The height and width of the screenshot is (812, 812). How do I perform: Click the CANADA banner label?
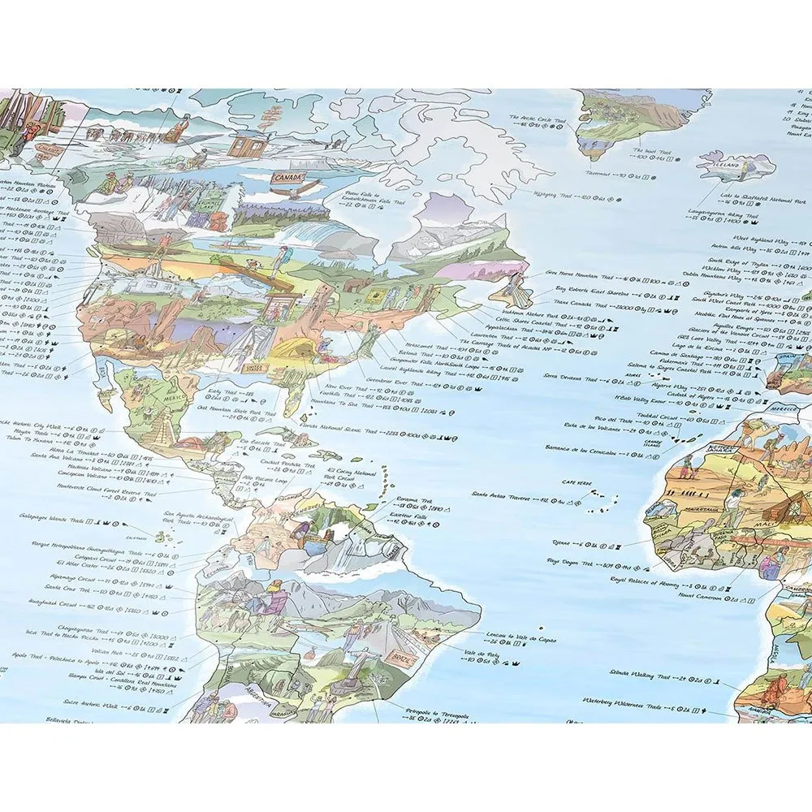coord(287,176)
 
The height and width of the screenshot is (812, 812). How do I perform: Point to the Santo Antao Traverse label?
coord(501,493)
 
